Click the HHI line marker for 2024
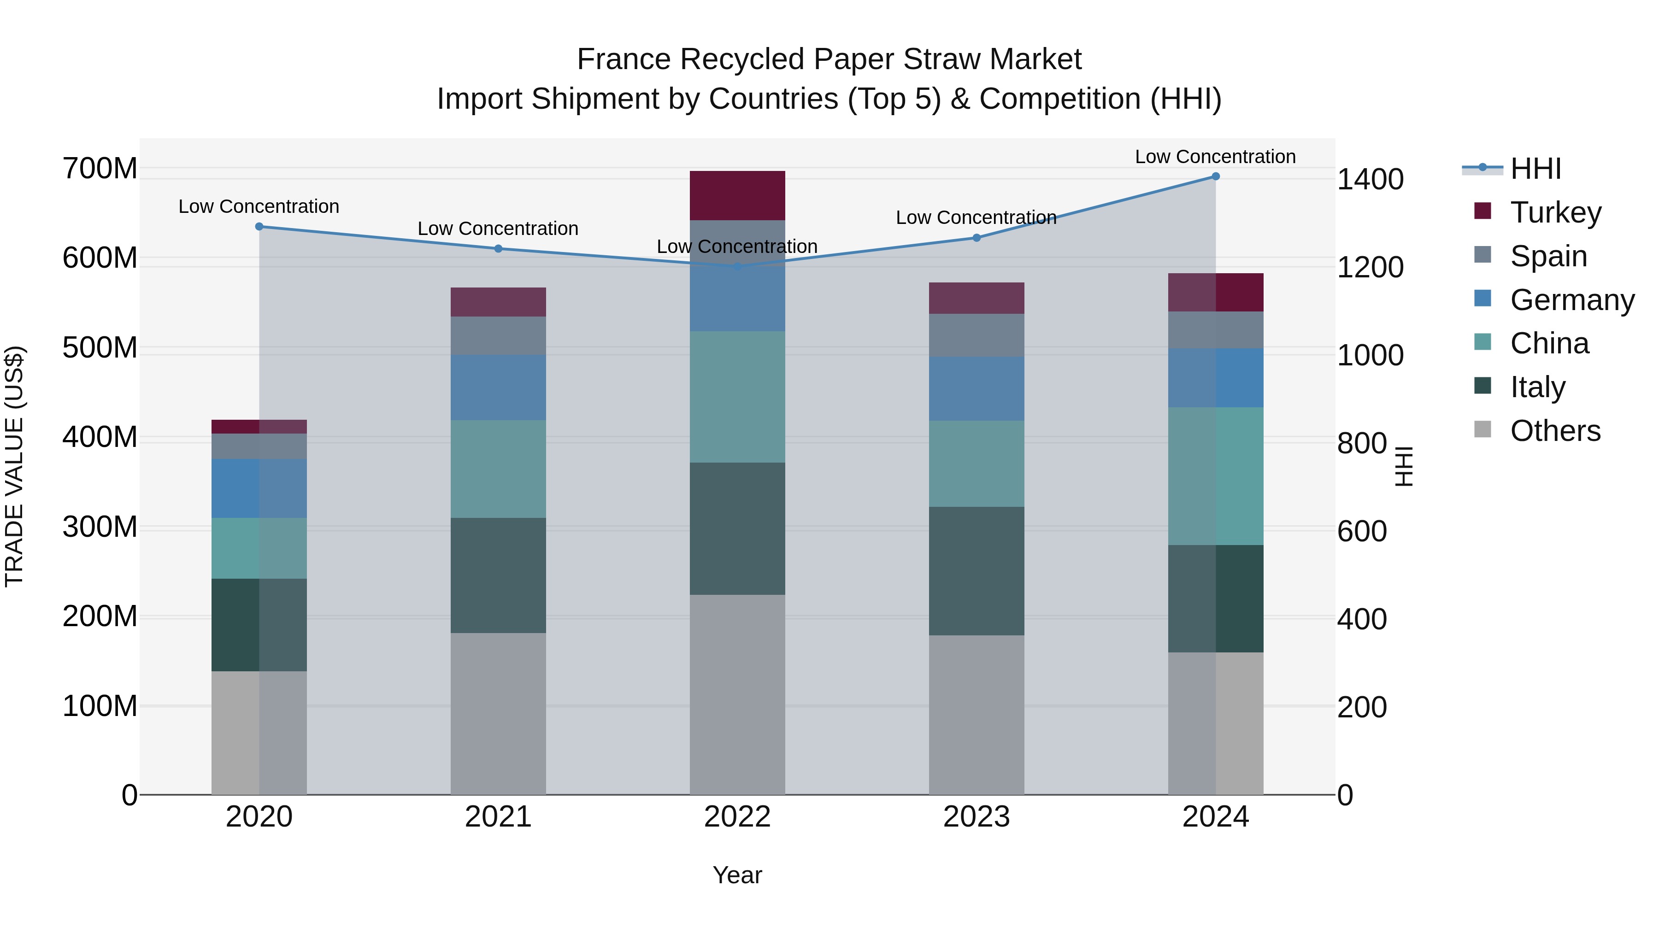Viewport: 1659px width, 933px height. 1215,176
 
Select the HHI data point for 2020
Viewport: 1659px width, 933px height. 259,227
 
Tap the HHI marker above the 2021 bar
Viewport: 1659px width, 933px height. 498,248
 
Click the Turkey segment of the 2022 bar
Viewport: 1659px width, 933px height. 737,196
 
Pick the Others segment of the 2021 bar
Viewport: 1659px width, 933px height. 498,713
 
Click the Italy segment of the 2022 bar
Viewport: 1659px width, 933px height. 737,528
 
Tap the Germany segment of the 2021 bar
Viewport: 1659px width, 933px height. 498,387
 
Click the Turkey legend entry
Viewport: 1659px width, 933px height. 1555,212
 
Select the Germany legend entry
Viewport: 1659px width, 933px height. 1571,300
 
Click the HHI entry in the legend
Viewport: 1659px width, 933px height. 1535,169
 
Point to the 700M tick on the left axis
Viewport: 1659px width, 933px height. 100,169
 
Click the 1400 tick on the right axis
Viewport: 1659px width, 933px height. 1371,180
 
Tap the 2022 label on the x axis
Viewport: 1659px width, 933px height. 737,817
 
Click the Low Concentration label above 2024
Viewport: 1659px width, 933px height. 1215,157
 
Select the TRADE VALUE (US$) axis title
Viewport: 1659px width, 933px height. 14,466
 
